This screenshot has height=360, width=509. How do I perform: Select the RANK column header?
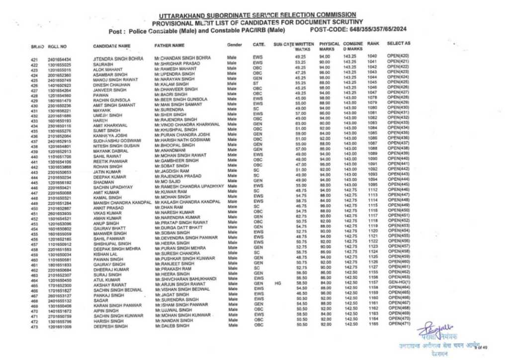pos(373,44)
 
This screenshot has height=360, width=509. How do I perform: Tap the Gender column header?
pos(235,45)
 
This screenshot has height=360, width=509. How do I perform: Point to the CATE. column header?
pos(258,45)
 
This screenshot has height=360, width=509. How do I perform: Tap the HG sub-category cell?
pos(278,282)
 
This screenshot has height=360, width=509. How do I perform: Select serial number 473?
pos(34,327)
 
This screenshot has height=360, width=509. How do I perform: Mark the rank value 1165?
pos(374,324)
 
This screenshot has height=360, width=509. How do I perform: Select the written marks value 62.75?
pos(300,216)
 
